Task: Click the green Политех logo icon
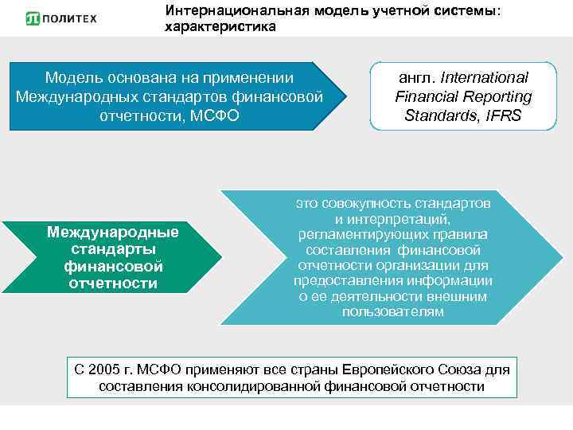point(33,18)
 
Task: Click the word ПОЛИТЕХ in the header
point(70,18)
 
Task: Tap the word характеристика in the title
point(220,27)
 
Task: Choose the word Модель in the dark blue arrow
point(72,78)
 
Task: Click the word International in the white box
point(484,78)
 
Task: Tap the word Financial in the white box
point(428,96)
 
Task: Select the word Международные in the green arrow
point(112,232)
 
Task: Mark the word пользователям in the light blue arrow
point(392,311)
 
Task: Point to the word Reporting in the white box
point(497,96)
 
